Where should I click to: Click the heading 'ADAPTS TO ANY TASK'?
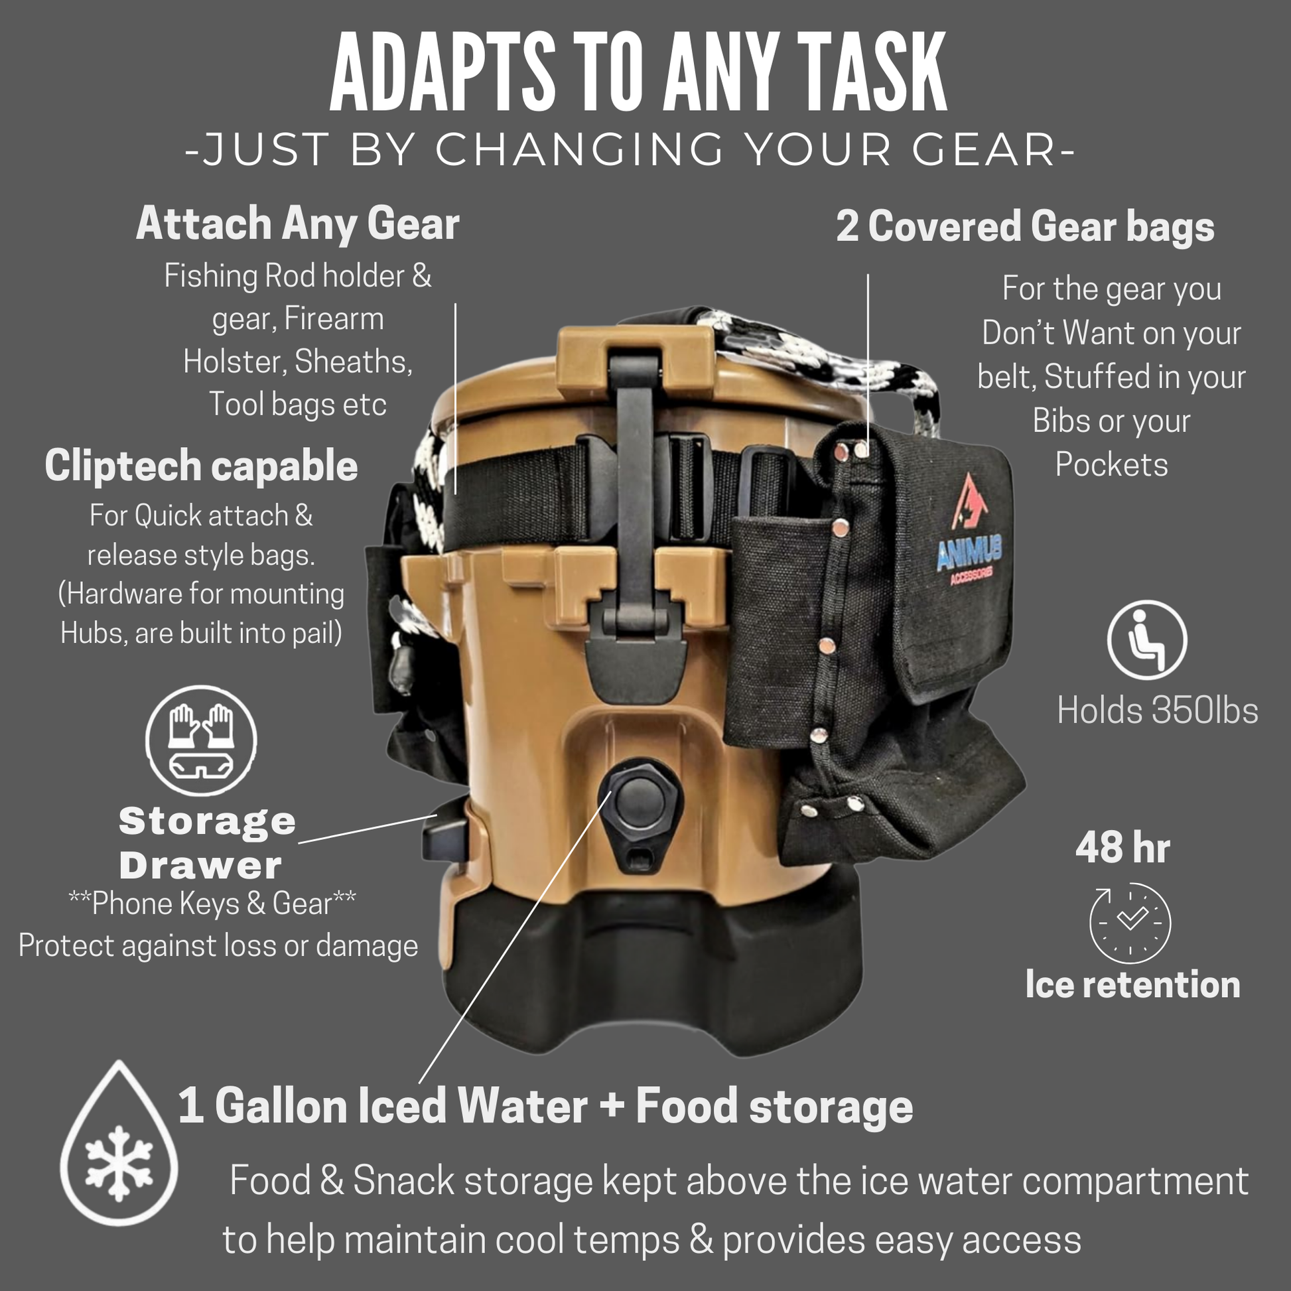638,72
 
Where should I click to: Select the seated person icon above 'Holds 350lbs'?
1146,640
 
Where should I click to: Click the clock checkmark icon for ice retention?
1130,922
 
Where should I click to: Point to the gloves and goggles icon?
200,740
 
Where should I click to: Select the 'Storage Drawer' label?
206,843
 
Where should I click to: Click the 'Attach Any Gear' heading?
298,224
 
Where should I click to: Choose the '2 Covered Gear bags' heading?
1025,226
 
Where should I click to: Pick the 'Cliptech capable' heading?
201,466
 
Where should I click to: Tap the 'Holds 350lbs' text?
1158,710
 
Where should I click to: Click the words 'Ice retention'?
1132,985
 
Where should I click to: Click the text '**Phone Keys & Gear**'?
212,904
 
